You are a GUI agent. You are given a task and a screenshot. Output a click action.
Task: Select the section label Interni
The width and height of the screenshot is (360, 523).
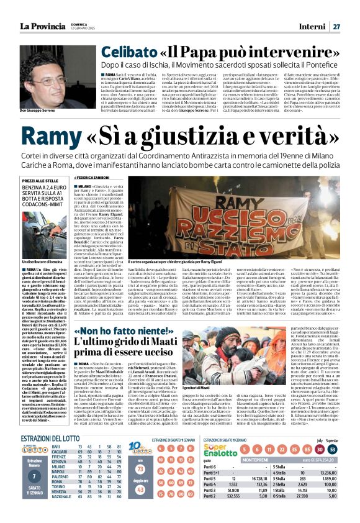click(x=312, y=26)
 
